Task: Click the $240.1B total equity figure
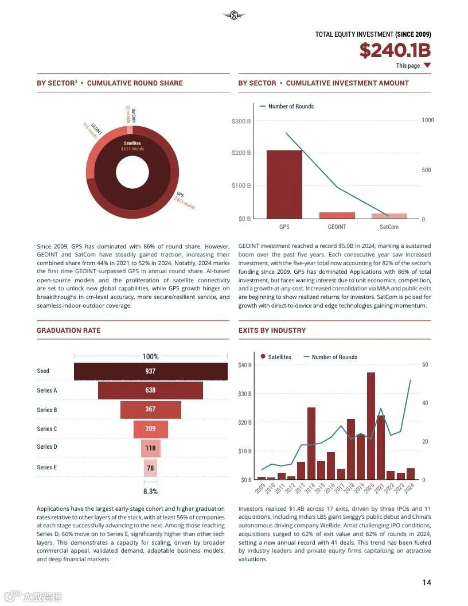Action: [x=395, y=50]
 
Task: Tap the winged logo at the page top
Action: [x=233, y=15]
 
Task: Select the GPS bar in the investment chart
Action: [x=284, y=184]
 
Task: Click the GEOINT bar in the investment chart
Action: [x=337, y=215]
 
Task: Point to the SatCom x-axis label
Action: [x=388, y=227]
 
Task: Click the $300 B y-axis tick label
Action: [x=241, y=121]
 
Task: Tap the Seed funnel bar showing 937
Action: [x=150, y=371]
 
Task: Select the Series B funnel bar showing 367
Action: [x=150, y=410]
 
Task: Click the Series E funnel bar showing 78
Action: [x=150, y=468]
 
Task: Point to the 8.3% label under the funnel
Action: [x=150, y=492]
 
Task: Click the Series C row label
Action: [x=47, y=429]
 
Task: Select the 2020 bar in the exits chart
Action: [x=371, y=425]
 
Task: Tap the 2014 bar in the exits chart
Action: [x=311, y=443]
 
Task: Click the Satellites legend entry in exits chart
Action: [x=276, y=357]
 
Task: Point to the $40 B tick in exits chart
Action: [x=245, y=365]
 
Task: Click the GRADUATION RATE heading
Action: [x=68, y=331]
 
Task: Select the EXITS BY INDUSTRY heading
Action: [x=272, y=331]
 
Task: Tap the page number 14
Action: [x=427, y=582]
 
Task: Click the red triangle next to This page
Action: [x=427, y=65]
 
